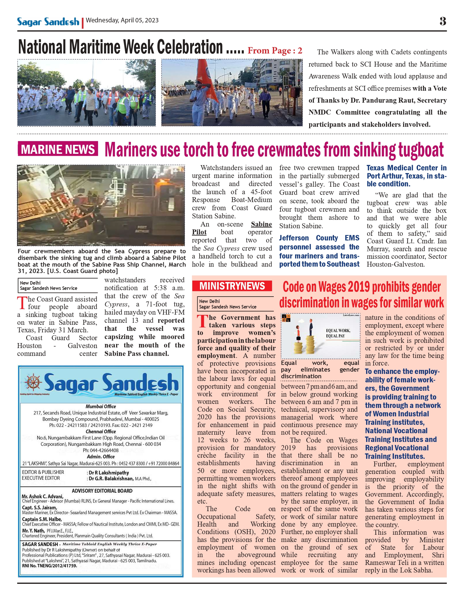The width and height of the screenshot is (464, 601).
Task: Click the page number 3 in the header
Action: coord(442,21)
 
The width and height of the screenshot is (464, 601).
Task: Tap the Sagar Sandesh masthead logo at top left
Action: coord(48,22)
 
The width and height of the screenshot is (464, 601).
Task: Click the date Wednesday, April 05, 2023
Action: coord(122,20)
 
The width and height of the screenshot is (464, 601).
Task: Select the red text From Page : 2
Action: coord(275,51)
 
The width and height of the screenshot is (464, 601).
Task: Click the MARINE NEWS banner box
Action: coord(58,149)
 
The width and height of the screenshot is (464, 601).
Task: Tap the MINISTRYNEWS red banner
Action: coord(232,286)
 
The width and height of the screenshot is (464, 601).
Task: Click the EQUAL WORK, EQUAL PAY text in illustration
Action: coord(338,333)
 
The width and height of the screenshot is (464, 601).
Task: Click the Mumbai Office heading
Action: coord(101,406)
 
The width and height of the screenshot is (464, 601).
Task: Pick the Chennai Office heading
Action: coord(101,431)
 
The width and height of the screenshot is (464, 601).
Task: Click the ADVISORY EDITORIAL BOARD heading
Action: coord(102,491)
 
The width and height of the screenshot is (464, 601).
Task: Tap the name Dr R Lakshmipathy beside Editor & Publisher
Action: coord(109,473)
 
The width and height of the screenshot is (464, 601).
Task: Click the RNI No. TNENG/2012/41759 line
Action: coord(50,566)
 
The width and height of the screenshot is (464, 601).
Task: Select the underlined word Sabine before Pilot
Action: coord(261,224)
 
